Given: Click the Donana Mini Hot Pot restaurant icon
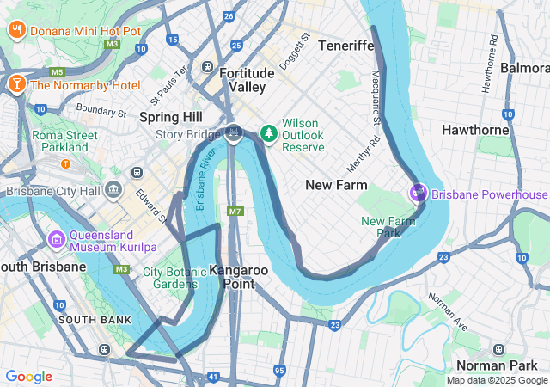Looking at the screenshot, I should point(16,32).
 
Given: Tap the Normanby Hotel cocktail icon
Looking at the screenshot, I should point(16,84).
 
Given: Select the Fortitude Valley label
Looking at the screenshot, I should point(247,81).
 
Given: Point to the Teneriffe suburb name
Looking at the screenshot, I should point(345,45).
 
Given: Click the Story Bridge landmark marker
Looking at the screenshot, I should point(234,132).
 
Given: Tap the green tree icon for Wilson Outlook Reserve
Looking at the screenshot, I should point(269,132).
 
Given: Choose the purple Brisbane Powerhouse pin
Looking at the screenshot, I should point(419,193).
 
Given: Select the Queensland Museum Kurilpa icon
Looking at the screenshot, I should point(57,238).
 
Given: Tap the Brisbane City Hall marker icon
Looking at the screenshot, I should point(113,189).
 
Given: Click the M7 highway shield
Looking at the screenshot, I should point(235,211).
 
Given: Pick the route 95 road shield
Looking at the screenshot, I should point(278,371).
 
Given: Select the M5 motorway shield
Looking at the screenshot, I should point(58,72).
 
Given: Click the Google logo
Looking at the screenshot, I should point(28,377).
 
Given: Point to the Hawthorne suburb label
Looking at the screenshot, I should point(476,130).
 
